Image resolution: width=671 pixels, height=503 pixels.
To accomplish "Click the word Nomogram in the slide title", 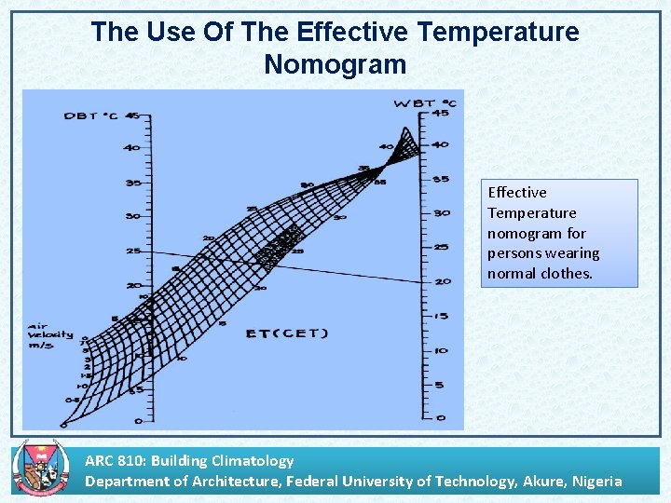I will [335, 64].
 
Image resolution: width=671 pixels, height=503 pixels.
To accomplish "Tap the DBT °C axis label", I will [90, 116].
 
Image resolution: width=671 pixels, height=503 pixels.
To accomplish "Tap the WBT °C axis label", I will [425, 102].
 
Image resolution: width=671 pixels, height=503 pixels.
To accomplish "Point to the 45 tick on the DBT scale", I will [133, 116].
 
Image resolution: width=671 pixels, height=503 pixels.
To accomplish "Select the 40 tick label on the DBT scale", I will [131, 148].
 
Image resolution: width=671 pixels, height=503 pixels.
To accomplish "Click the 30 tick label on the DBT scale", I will [133, 216].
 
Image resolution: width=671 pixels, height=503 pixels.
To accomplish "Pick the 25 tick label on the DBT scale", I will [133, 251].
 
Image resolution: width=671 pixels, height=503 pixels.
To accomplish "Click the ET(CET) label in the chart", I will [286, 333].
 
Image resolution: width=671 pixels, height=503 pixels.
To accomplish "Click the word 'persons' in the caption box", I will [514, 253].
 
